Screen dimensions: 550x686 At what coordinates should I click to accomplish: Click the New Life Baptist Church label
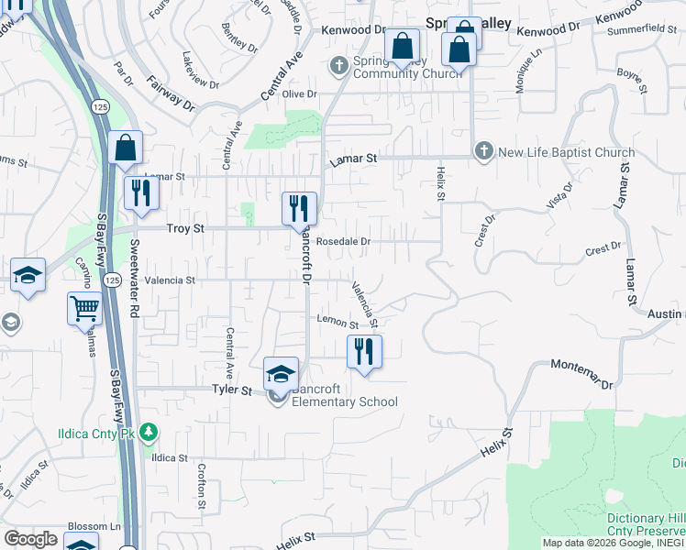point(566,153)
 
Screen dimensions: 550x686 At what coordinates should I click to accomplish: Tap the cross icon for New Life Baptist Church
point(484,151)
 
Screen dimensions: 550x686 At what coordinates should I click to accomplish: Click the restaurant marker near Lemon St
point(364,351)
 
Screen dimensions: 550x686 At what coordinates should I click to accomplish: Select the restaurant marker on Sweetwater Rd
point(141,193)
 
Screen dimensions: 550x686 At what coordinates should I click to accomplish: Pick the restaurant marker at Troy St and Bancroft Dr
point(299,209)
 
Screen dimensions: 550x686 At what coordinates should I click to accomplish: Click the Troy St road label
point(184,228)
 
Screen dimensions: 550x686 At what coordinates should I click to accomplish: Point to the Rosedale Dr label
point(342,242)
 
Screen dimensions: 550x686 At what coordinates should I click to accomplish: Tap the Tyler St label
point(232,390)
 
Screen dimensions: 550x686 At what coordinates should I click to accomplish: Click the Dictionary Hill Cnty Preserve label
point(646,524)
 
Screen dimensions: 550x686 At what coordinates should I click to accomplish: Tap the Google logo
point(30,538)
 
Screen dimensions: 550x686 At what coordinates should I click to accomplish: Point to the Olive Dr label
point(299,94)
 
